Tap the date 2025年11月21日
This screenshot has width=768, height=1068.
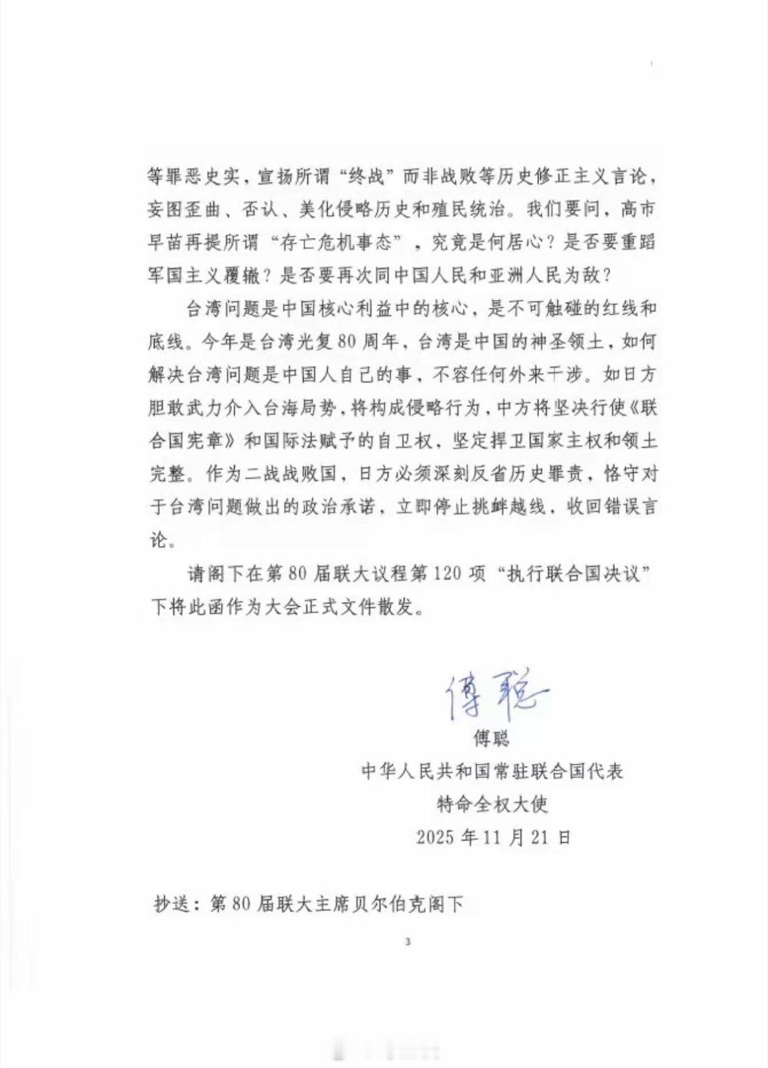pos(494,837)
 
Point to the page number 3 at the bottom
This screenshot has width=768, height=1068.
pos(407,943)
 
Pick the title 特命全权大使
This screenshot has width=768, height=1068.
pos(493,804)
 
